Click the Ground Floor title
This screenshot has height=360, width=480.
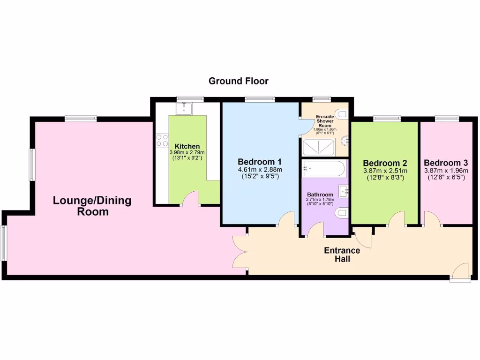tap(238, 81)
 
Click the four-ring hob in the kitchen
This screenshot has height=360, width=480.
tap(162, 140)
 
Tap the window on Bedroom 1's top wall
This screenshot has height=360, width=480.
tap(259, 99)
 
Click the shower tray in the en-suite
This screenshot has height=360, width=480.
tap(318, 148)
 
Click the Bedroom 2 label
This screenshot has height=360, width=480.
tap(385, 163)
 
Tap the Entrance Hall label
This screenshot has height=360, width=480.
tap(342, 255)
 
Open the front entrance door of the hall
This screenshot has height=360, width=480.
tap(460, 272)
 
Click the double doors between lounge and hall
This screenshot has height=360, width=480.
tap(240, 252)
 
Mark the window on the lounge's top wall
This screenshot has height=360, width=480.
tap(81, 118)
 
